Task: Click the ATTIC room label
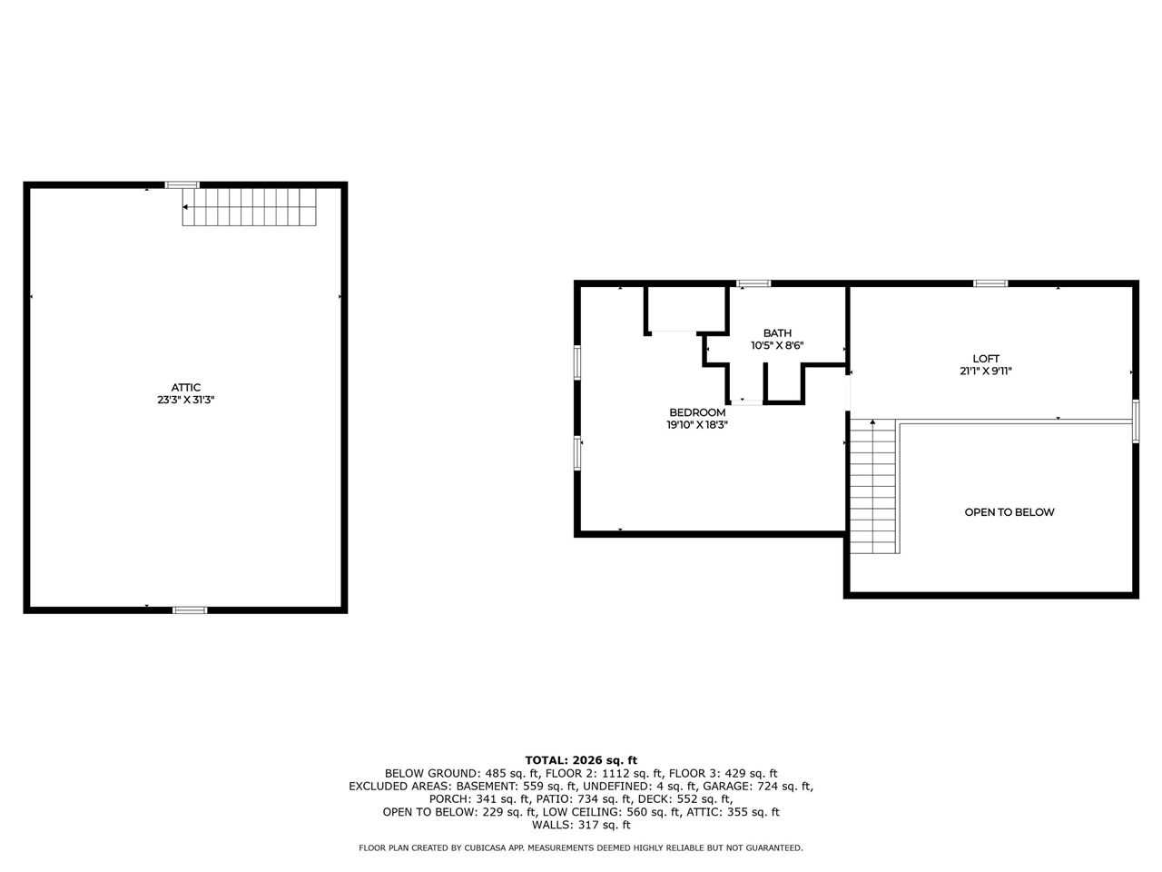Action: pos(185,388)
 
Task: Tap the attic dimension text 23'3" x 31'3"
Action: pos(185,400)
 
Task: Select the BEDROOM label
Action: pos(697,412)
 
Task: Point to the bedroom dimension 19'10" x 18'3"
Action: pos(697,424)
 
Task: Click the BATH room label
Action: pos(777,333)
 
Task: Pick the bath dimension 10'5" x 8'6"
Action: pos(777,346)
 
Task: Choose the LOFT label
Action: pos(986,359)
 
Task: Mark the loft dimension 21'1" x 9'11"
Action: pos(986,371)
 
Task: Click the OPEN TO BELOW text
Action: pos(1009,512)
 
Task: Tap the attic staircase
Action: pos(250,207)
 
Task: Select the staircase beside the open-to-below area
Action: pos(873,486)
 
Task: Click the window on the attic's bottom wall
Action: pos(190,609)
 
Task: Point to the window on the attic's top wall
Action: pos(182,185)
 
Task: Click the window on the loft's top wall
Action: pos(990,283)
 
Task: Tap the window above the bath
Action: pos(753,283)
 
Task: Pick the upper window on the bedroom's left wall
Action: pos(577,362)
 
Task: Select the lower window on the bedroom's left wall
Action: pos(577,453)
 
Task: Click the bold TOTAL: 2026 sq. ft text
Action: pos(581,760)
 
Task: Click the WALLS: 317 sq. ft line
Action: pos(581,826)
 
